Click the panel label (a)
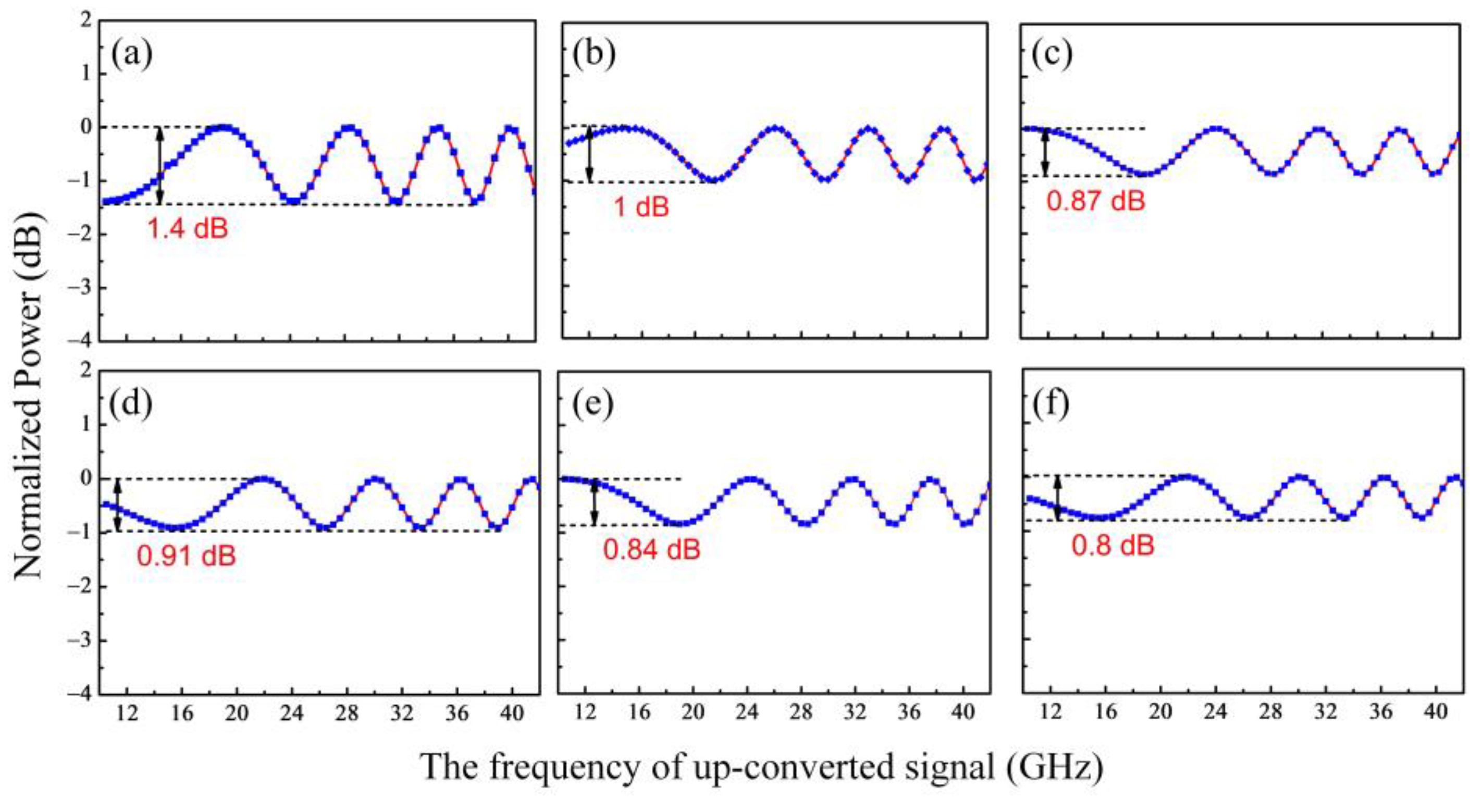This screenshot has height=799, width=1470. point(132,55)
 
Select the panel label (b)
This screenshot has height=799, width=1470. point(594,55)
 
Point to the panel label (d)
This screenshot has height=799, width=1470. point(132,403)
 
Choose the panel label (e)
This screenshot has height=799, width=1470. point(593,403)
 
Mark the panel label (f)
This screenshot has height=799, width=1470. point(1051,403)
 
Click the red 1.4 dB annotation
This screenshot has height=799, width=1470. point(188,229)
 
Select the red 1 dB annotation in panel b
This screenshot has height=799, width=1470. point(641,206)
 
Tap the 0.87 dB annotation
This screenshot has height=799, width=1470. point(1096,201)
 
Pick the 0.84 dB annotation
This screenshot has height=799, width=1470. point(652,549)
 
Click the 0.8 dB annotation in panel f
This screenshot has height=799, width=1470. point(1113,546)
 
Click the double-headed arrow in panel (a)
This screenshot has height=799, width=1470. point(160,166)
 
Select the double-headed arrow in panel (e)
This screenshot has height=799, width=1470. point(595,502)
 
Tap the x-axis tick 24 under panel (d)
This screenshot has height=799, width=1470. point(292,714)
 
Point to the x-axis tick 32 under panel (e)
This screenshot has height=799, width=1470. point(855,714)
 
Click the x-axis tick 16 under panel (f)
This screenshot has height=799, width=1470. point(1106,714)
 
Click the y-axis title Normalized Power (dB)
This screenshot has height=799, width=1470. point(29,394)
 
